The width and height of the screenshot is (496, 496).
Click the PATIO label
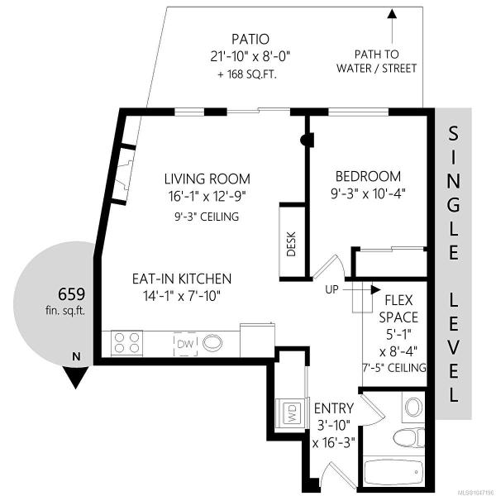click(250, 39)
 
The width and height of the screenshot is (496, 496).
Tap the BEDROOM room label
click(368, 177)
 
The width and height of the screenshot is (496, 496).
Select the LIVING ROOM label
click(207, 179)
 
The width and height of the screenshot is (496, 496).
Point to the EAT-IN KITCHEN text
click(182, 279)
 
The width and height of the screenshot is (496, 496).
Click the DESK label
click(291, 244)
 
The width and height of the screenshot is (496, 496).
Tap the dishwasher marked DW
click(185, 344)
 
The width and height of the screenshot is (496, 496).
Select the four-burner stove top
click(126, 344)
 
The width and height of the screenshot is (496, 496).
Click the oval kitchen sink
click(212, 344)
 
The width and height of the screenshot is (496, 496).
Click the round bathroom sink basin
click(413, 407)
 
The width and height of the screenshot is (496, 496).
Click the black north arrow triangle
click(75, 377)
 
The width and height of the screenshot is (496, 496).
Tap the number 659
click(71, 294)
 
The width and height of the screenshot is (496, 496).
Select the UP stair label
click(331, 289)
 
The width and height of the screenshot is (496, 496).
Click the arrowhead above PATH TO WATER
click(392, 13)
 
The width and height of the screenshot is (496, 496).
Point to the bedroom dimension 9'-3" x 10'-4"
click(368, 193)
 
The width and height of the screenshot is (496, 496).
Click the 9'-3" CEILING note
click(207, 217)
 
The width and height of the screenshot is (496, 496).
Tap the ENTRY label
click(334, 408)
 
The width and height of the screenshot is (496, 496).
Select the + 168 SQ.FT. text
click(247, 74)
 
